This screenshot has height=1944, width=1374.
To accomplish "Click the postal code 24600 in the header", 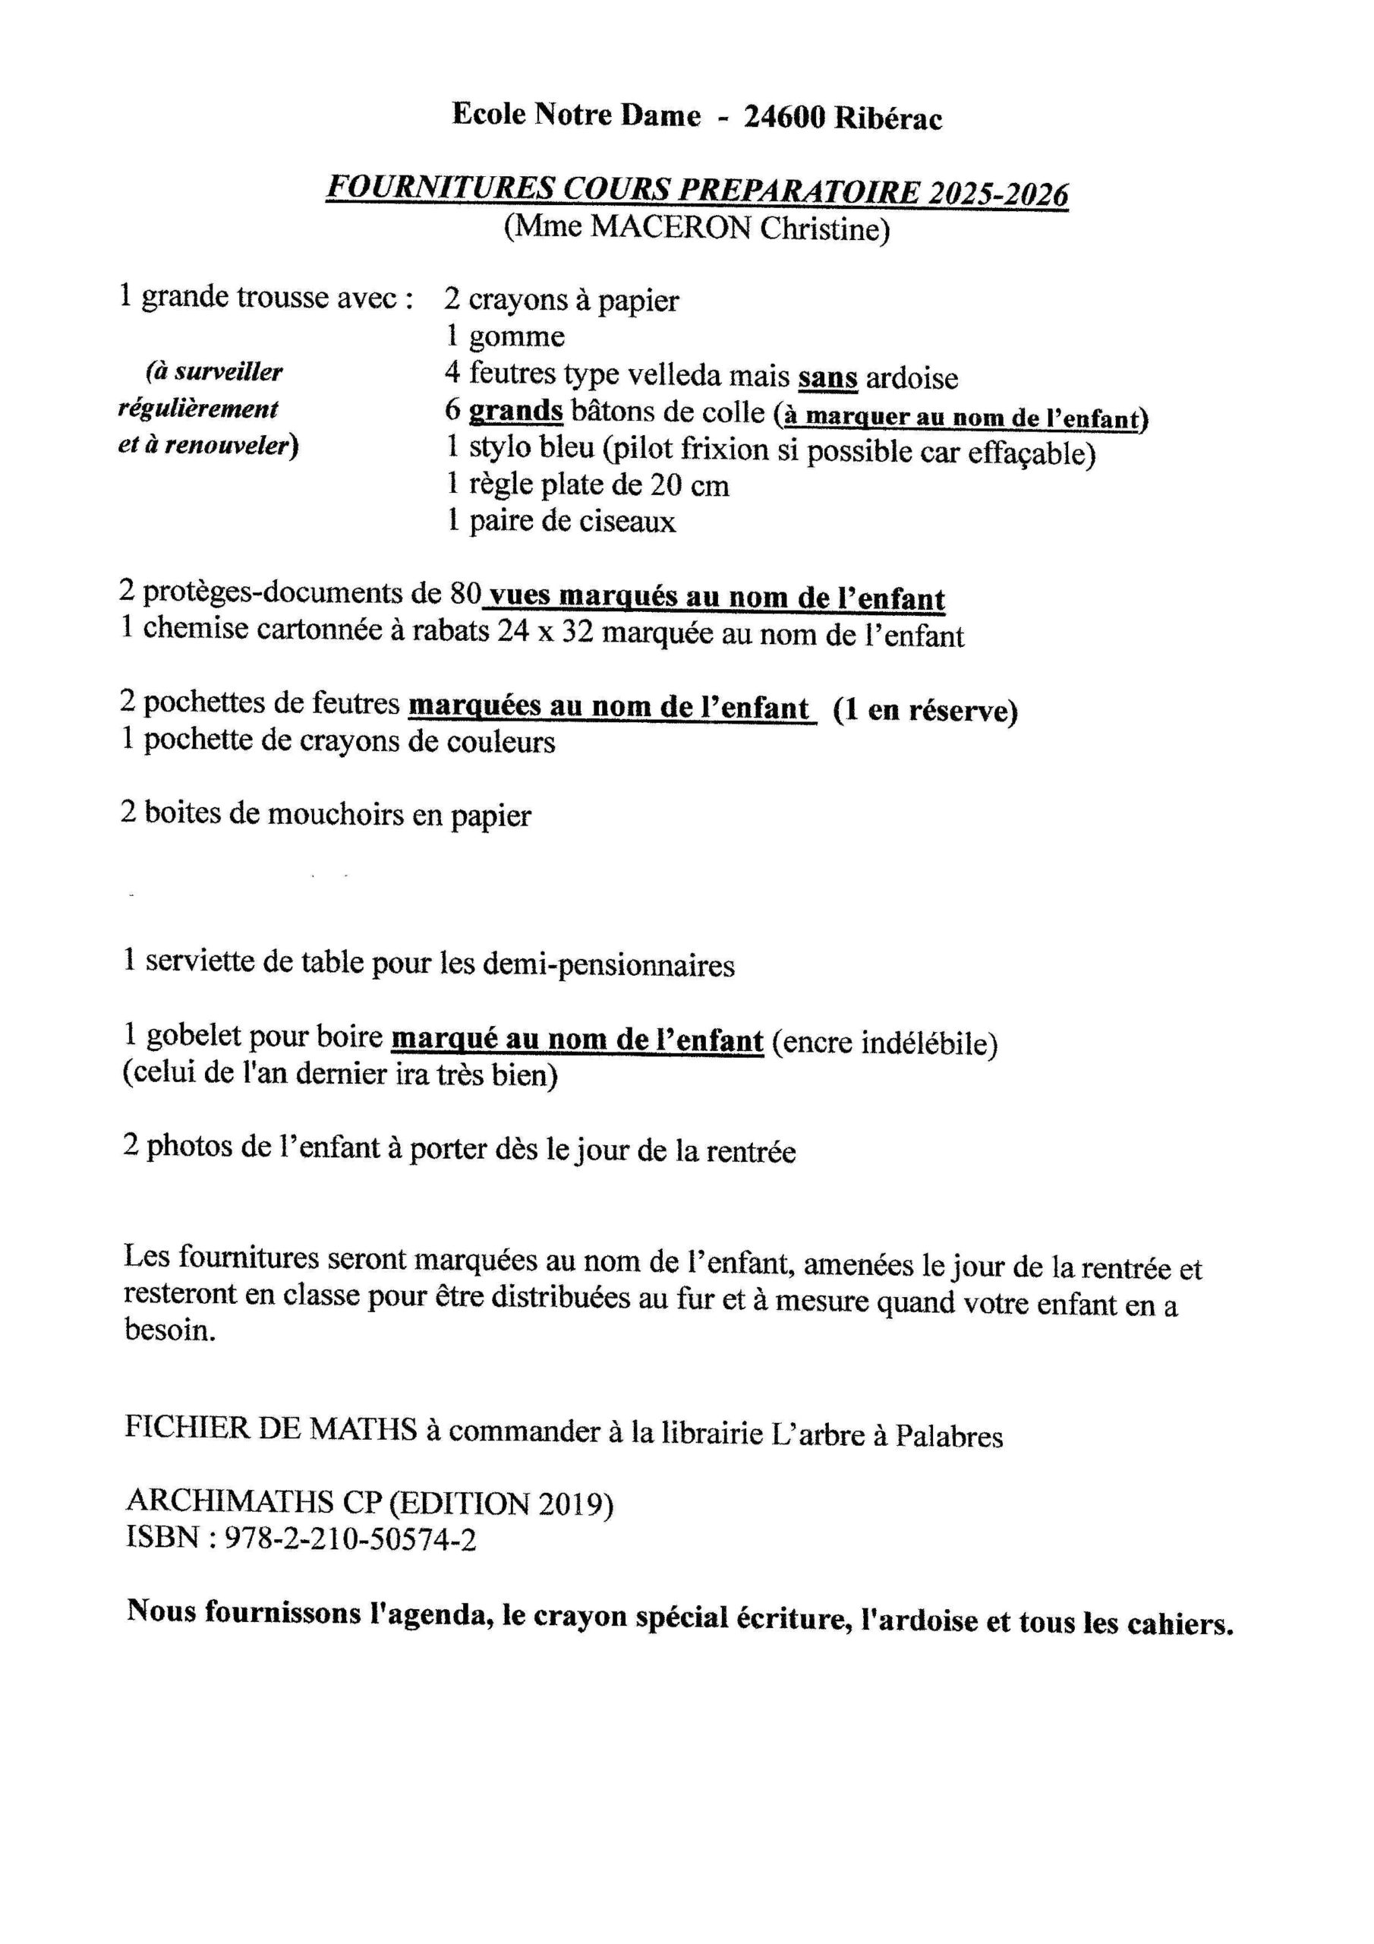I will click(783, 118).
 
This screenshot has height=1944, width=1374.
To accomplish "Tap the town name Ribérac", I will click(889, 119).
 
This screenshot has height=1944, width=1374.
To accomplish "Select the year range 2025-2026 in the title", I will click(998, 194).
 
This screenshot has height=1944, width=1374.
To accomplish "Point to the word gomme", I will click(516, 337).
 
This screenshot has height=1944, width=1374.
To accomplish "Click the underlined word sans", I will click(827, 377).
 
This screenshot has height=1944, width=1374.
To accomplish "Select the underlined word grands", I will click(515, 412).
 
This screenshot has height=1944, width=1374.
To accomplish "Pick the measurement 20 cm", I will click(689, 485).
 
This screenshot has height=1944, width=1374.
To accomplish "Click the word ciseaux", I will click(627, 522).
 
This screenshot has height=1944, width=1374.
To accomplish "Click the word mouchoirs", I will click(336, 815).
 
